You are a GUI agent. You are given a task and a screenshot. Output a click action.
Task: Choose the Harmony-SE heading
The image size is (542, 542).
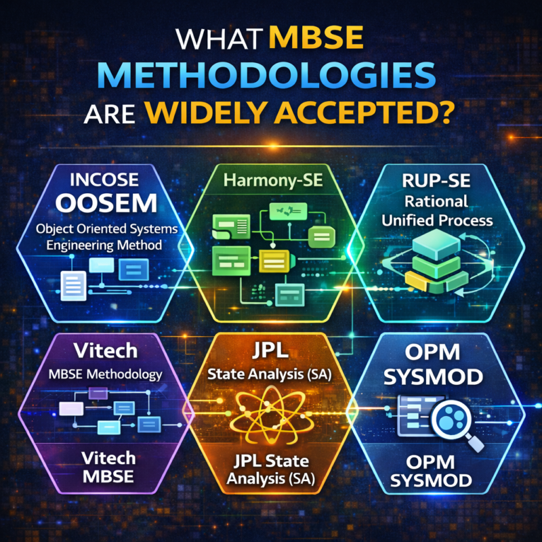pos(270,182)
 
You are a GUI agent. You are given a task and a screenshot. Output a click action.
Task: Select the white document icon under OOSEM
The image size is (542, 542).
pos(73,279)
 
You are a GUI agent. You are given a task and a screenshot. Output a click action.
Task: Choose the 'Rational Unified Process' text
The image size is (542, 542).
pos(436,211)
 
